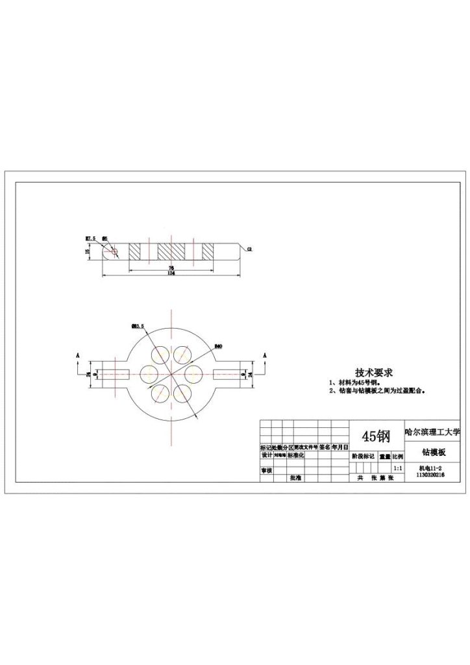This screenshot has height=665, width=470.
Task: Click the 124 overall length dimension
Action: pos(171,273)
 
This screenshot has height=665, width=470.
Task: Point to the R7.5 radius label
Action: pos(90,238)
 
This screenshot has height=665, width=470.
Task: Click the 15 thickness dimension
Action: pos(88,252)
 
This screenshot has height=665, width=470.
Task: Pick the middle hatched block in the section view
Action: pos(171,251)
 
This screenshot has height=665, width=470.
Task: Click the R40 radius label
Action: pos(219,347)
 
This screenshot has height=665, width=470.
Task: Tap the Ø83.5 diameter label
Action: pos(138,325)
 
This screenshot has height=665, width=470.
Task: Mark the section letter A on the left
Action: pos(77,356)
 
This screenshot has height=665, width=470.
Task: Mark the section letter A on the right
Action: pos(265,356)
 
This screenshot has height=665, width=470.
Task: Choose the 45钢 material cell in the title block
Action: pos(376,434)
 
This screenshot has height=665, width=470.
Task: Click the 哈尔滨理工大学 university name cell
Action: pos(432,430)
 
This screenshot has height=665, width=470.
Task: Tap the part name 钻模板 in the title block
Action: pos(433,451)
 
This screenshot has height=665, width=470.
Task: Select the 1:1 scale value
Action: pos(397,467)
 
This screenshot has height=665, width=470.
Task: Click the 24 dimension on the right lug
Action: pos(251,375)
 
